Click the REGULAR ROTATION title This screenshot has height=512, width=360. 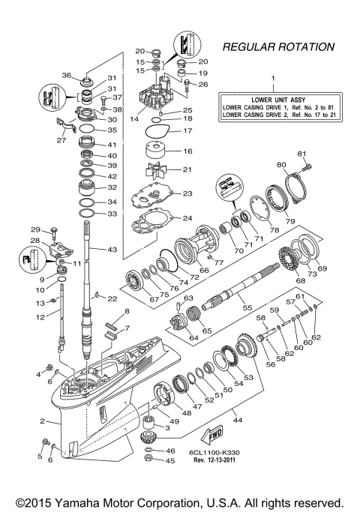278,46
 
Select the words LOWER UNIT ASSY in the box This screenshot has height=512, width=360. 273,99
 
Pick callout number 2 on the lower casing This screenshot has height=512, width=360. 44,421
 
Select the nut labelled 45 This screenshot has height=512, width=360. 149,461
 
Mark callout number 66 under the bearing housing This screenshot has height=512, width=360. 204,271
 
